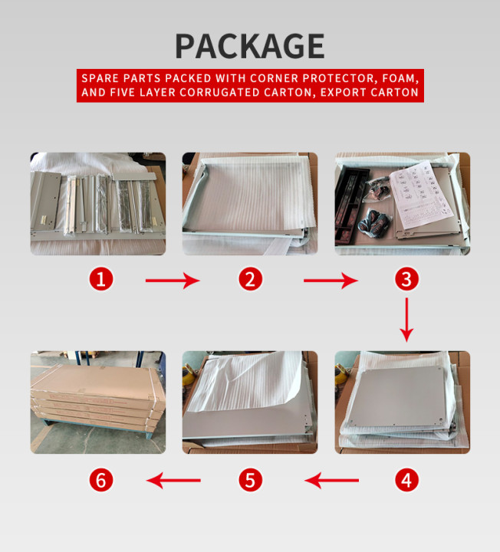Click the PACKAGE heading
pos(250,46)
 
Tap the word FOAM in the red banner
pos(400,78)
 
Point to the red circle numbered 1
pos(101,279)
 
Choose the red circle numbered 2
pos(250,279)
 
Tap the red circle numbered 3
pos(406,279)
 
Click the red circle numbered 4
pos(406,480)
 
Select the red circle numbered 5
pos(250,480)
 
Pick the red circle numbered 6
pos(101,480)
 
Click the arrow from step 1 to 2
pos(173,281)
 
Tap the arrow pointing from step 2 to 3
pos(331,281)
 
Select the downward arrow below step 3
pos(406,320)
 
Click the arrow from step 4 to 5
pos(331,480)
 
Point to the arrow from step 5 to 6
pos(173,480)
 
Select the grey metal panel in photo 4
pos(398,396)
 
